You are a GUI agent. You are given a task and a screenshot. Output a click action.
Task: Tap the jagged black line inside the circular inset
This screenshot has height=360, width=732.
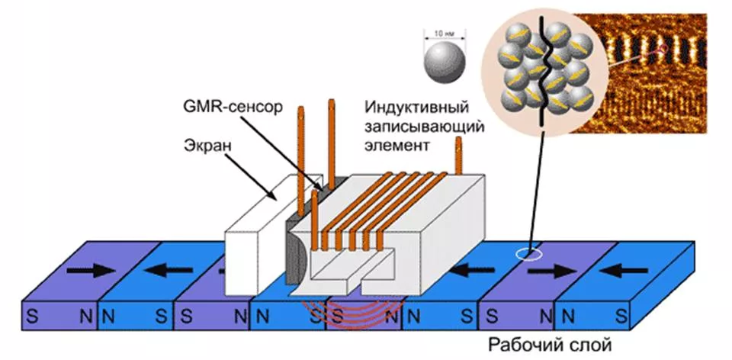(x=547, y=69)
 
